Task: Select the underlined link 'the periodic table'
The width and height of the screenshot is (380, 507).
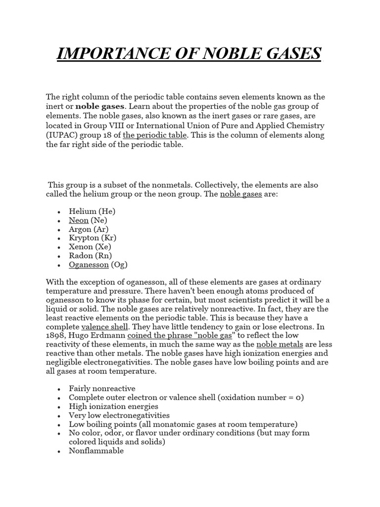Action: [154, 135]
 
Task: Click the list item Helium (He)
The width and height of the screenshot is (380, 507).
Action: [92, 211]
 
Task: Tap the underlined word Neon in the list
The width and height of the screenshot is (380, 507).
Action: [79, 220]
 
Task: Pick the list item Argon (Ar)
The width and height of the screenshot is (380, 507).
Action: [89, 229]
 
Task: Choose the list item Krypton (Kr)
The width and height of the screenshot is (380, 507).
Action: [91, 238]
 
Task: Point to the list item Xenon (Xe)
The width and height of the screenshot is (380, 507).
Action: [90, 247]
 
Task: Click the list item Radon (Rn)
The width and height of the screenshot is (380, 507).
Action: [90, 255]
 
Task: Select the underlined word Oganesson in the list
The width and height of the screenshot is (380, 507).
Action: [89, 264]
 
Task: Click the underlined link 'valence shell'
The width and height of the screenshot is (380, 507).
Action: [105, 327]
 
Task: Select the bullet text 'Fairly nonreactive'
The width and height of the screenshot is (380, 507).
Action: [102, 389]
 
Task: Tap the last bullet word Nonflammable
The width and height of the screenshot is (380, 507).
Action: [96, 451]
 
